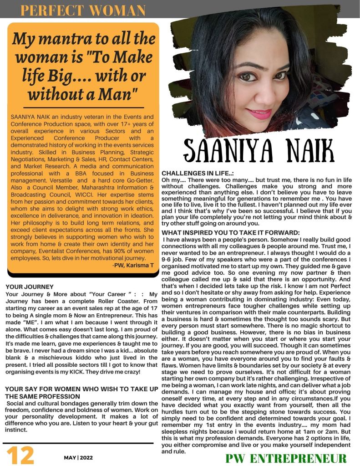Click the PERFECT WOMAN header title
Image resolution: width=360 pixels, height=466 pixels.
click(x=83, y=10)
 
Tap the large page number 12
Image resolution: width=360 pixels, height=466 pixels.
click(x=20, y=455)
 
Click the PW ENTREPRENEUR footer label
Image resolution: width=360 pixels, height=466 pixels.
click(x=286, y=458)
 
